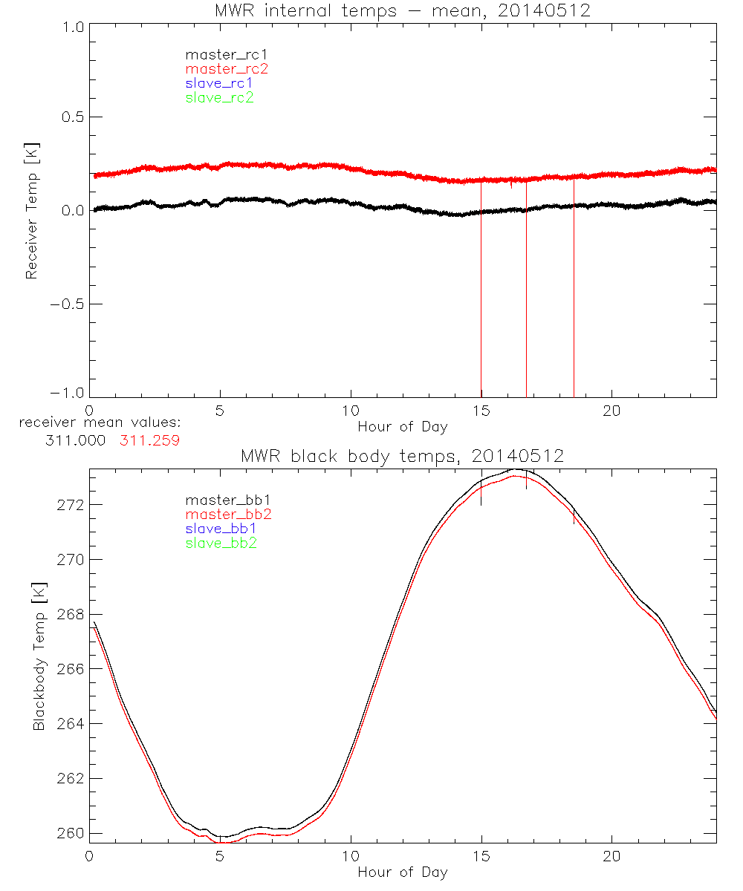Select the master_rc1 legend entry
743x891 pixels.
219,54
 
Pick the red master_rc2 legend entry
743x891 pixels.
227,68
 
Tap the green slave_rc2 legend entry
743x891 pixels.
219,97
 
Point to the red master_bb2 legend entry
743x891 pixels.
228,514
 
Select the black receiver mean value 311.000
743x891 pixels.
77,440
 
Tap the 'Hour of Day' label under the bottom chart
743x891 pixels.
402,872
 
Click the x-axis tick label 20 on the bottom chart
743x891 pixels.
611,856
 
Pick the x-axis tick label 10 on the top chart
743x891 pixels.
350,411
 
